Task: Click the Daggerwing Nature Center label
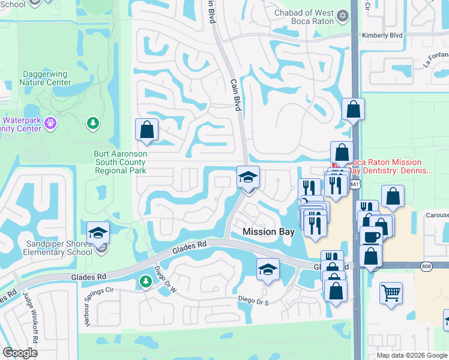click(47, 77)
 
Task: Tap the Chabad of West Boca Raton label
click(304, 17)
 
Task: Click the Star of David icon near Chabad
click(343, 15)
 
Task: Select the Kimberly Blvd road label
click(382, 35)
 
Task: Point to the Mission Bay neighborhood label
click(267, 232)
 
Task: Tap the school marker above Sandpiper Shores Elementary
click(98, 233)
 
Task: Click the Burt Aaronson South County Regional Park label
click(120, 162)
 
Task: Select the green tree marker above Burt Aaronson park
click(92, 123)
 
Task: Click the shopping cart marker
click(391, 293)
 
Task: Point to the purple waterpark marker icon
click(50, 124)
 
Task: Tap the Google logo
click(20, 353)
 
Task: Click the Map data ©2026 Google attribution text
click(411, 355)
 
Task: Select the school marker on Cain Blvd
click(248, 176)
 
